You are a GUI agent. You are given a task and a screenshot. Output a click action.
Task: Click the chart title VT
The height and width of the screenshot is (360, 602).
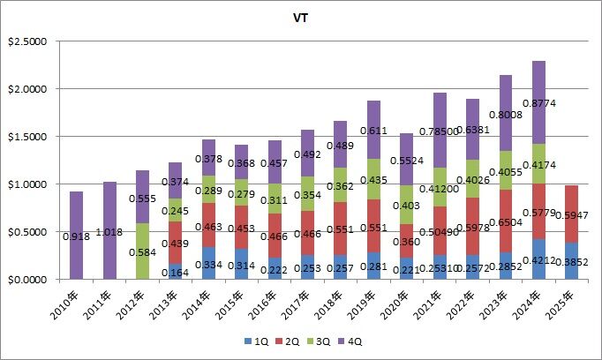point(300,17)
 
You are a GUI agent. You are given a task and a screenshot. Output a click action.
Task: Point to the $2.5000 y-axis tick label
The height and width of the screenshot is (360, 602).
point(30,41)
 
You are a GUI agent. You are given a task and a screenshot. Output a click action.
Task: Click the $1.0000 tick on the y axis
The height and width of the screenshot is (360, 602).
point(30,184)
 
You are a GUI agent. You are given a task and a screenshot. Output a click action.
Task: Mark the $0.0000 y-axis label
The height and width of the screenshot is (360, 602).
point(30,279)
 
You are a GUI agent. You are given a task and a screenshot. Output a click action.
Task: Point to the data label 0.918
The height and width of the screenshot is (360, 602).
point(75,236)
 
